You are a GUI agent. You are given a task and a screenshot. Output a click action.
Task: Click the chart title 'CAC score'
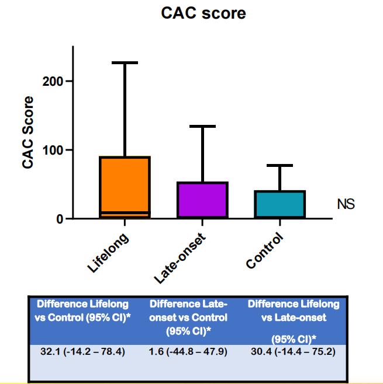click(203, 13)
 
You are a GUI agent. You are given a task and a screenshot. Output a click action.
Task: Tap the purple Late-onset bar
click(203, 200)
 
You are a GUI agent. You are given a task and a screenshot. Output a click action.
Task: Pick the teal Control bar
click(280, 204)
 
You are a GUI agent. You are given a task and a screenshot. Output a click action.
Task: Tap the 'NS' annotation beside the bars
click(346, 204)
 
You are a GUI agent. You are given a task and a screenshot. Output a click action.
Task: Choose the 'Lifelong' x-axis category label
click(109, 253)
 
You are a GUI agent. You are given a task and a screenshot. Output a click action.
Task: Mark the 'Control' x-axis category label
click(265, 251)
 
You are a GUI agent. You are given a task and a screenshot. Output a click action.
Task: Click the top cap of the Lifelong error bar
click(125, 62)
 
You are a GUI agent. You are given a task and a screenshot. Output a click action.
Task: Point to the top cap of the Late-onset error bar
click(203, 126)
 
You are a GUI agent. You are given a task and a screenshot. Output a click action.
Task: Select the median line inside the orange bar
click(125, 212)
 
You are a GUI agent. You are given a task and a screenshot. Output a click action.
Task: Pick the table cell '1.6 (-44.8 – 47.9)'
click(188, 352)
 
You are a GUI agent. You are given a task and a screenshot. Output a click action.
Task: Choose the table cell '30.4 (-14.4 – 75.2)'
click(293, 352)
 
